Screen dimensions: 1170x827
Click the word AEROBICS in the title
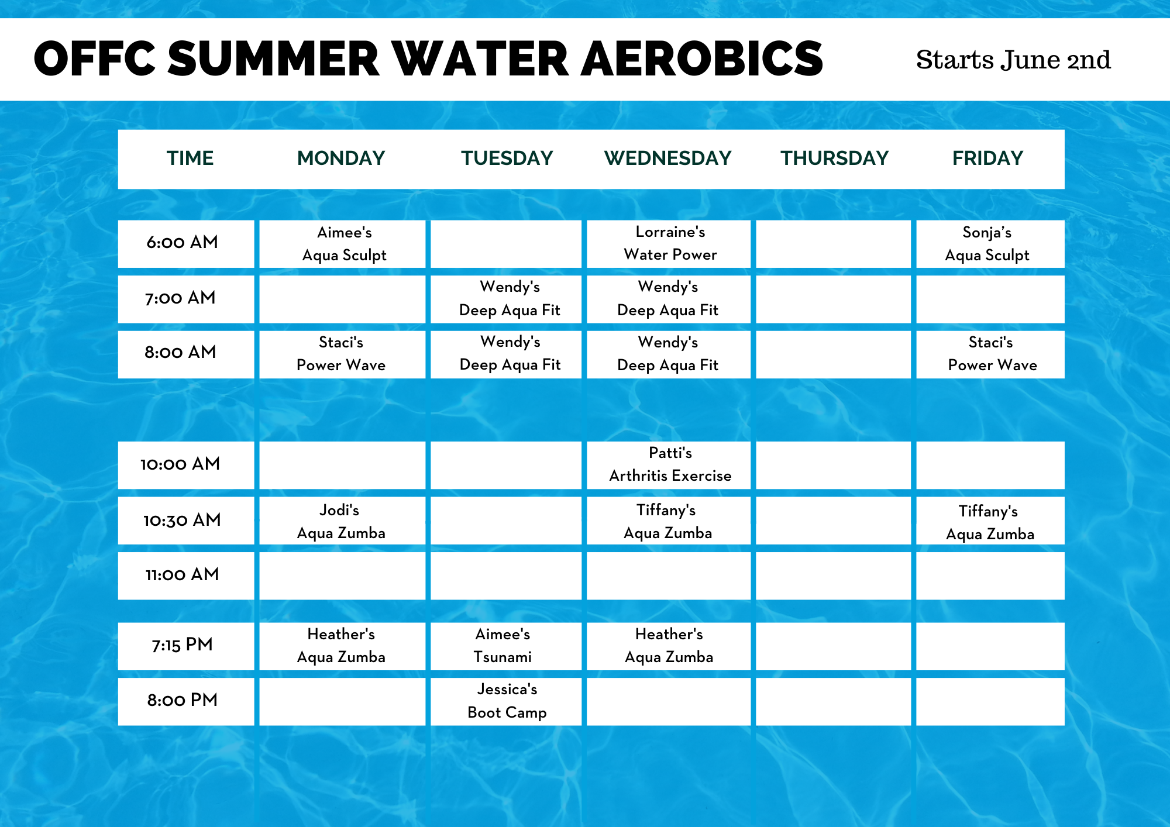point(702,59)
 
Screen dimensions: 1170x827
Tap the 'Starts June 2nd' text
point(1013,60)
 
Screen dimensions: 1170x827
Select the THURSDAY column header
point(834,158)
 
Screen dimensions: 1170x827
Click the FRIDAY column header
point(987,158)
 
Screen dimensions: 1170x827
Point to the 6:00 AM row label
point(182,242)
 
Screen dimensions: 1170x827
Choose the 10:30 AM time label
point(182,520)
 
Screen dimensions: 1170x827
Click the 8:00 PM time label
point(182,700)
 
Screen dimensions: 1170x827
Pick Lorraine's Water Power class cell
point(669,244)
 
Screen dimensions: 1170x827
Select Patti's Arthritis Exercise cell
point(669,465)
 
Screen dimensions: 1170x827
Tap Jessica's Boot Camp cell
point(506,702)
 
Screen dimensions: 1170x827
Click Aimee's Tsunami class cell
point(506,646)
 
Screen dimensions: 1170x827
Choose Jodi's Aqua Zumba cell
point(342,521)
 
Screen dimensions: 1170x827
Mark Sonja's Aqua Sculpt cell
point(990,244)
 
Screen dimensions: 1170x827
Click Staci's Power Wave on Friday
point(990,354)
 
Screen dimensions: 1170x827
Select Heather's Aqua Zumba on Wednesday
point(669,646)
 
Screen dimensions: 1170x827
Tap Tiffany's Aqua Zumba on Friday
point(990,521)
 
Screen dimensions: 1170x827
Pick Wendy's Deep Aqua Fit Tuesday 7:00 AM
point(506,299)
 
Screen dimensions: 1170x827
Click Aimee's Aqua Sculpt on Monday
point(342,244)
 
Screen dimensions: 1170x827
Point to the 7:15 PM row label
point(182,645)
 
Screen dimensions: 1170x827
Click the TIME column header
point(190,158)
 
